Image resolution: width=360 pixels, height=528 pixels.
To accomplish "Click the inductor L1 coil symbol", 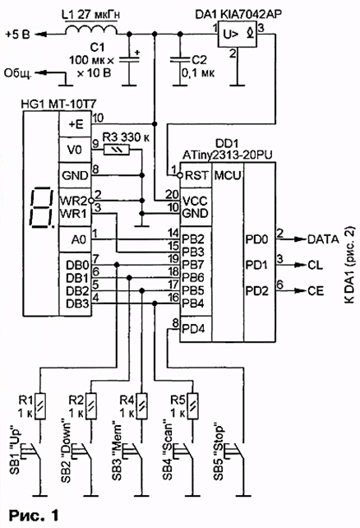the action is (x=91, y=30).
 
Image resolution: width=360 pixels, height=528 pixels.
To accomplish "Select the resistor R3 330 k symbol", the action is (x=117, y=150).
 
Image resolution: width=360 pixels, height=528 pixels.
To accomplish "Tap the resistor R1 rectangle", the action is (x=40, y=405).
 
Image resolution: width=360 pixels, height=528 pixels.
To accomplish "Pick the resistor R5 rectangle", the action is (x=192, y=405).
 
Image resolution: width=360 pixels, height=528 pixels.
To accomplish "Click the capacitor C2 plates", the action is (x=180, y=60).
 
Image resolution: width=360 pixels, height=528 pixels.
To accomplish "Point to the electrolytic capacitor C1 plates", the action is (x=129, y=59).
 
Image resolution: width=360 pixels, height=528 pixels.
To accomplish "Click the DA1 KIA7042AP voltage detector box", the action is (x=238, y=34).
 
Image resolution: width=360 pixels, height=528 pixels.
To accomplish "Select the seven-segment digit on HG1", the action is (x=42, y=206).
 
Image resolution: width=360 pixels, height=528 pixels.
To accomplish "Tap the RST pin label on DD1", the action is (x=196, y=175).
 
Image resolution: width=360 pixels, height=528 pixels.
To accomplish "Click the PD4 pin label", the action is (x=193, y=329).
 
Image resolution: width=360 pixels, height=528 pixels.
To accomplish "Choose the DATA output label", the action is (x=323, y=239).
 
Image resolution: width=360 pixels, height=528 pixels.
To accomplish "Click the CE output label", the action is (x=316, y=290).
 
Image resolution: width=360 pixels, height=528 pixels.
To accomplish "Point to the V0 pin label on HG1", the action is (x=75, y=150).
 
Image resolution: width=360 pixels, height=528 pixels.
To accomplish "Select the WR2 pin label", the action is (x=73, y=201).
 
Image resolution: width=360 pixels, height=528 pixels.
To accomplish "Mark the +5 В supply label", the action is (x=18, y=35).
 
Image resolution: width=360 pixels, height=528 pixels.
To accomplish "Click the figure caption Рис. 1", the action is (x=34, y=515).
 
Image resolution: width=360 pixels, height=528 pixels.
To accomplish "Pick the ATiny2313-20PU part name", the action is (x=228, y=155).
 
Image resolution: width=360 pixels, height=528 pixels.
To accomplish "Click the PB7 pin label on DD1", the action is (x=193, y=265).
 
